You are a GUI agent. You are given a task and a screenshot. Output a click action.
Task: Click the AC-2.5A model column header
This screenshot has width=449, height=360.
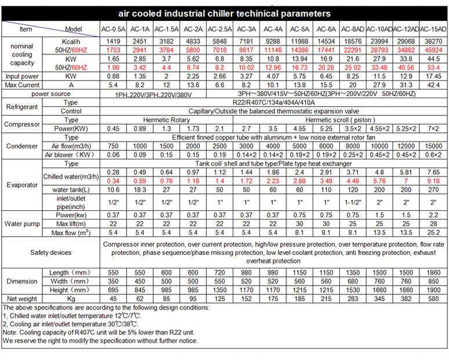coord(220,29)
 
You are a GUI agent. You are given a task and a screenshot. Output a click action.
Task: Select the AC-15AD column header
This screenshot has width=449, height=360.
coord(433,29)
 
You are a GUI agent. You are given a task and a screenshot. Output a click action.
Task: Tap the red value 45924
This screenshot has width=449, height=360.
coord(433,50)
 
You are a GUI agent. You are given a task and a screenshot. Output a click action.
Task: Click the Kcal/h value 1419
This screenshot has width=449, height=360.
coord(113,42)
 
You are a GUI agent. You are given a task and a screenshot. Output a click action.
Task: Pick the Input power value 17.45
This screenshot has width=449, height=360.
coord(433,76)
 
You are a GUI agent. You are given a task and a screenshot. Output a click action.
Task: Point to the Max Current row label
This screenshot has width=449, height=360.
coord(22,85)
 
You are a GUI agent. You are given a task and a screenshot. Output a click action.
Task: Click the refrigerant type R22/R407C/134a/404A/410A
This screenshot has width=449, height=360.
coord(274,103)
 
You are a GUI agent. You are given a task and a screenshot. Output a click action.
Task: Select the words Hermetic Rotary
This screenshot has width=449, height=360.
coord(166,120)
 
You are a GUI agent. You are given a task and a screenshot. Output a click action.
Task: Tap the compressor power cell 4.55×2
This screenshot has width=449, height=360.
coord(379,129)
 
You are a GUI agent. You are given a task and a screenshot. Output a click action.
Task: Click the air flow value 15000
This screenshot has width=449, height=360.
coord(433,146)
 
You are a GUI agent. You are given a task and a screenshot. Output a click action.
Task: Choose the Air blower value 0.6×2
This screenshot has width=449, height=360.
coord(433,155)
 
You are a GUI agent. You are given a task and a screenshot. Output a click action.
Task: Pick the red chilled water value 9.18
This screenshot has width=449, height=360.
coord(433,181)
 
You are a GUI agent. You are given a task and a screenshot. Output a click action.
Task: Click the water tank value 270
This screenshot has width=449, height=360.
coord(433,190)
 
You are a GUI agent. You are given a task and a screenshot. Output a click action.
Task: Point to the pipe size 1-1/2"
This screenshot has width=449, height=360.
coord(353,203)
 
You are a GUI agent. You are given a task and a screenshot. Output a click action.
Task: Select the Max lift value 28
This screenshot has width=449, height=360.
coord(433,224)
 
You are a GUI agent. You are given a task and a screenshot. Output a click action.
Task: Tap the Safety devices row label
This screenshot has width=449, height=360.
coord(50,253)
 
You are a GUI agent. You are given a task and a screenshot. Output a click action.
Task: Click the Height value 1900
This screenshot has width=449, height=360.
coord(433,290)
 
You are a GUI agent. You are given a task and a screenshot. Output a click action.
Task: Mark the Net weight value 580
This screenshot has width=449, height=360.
coord(433,298)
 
